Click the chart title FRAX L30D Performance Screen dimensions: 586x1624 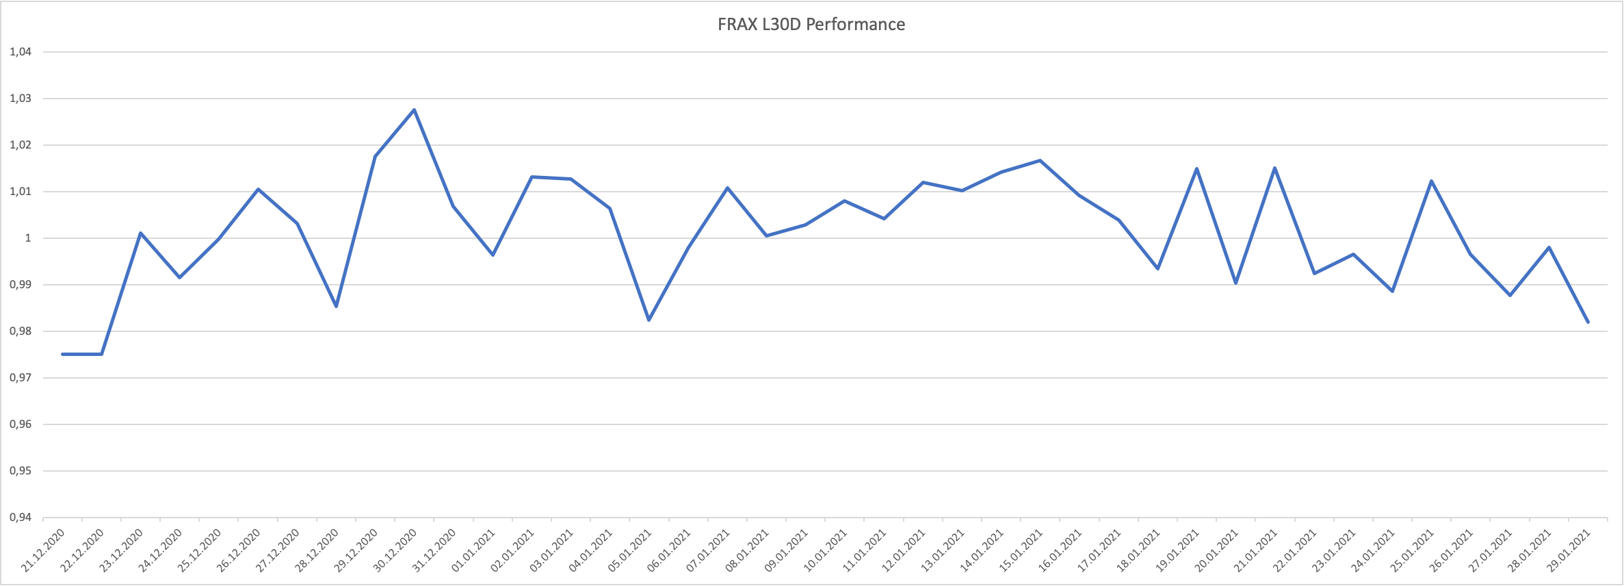coord(811,25)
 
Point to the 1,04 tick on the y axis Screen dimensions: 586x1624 coord(21,52)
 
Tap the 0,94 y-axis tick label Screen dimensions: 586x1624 coord(21,518)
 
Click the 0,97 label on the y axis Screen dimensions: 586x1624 coord(21,378)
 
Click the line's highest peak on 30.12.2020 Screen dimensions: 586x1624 coord(415,110)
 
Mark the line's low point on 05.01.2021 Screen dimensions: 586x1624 coord(649,320)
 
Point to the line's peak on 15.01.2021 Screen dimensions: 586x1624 coord(1040,161)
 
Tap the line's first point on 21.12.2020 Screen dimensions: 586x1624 coord(62,354)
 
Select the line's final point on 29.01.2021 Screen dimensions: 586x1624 coord(1588,322)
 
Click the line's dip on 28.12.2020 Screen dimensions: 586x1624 coord(337,306)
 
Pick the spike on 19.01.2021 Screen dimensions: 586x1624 coord(1196,168)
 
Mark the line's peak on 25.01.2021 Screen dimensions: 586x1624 coord(1431,181)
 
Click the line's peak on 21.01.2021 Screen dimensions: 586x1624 coord(1275,168)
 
